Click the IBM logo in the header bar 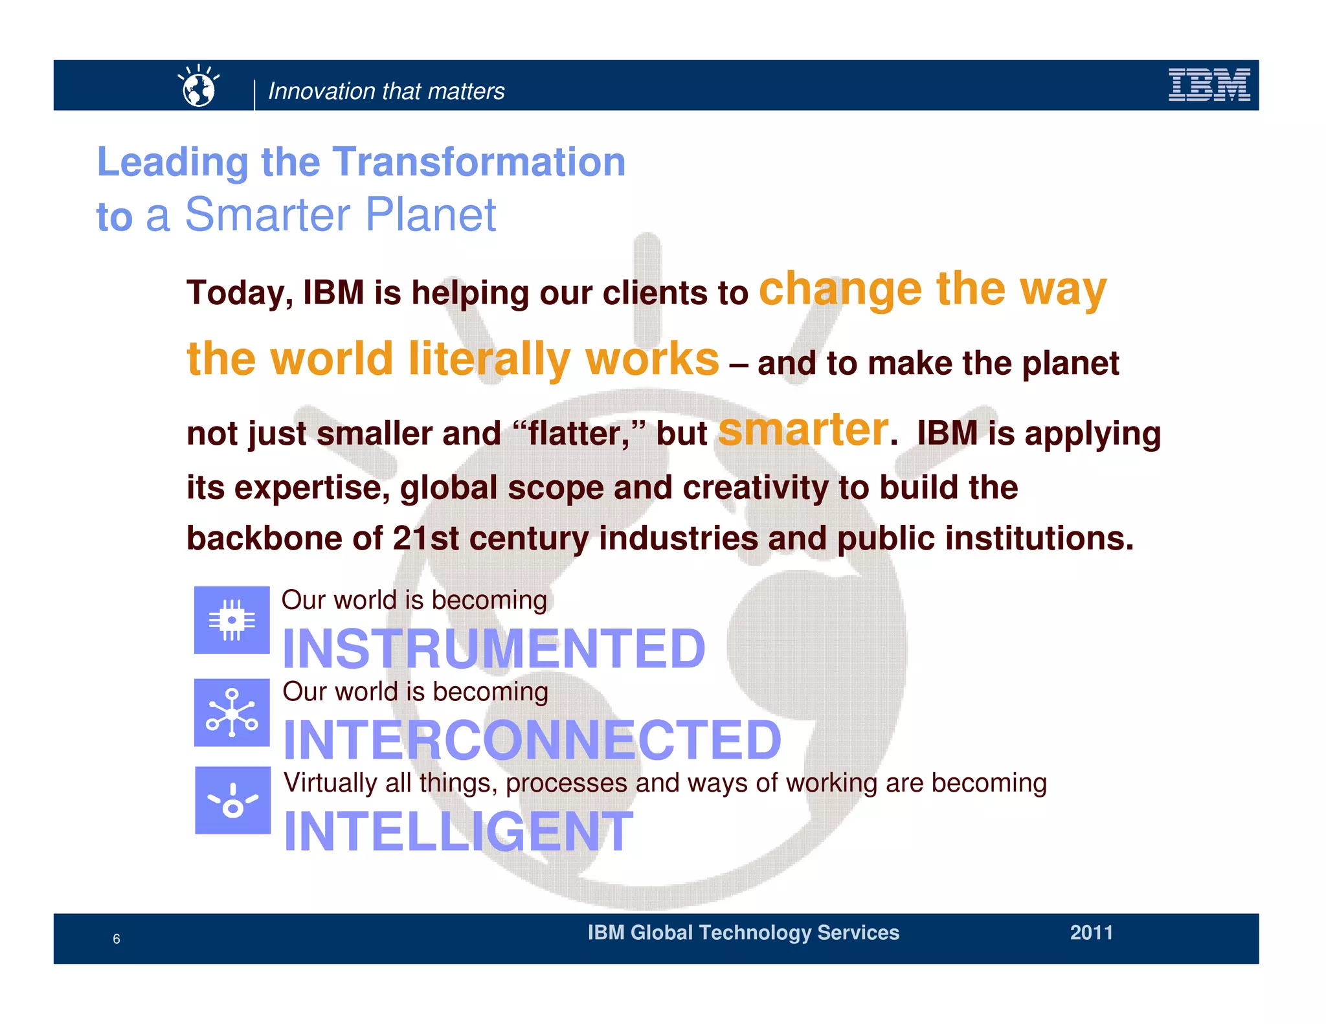(x=1208, y=85)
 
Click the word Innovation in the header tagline (x=313, y=91)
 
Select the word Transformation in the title (x=479, y=162)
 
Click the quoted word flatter (x=578, y=434)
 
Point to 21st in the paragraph (x=425, y=539)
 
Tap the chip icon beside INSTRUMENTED (x=232, y=620)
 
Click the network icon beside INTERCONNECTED (x=232, y=713)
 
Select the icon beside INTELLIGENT (x=232, y=801)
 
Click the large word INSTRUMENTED (x=494, y=649)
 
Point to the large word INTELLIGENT (x=458, y=832)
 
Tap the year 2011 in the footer (x=1091, y=933)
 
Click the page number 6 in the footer (x=117, y=939)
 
